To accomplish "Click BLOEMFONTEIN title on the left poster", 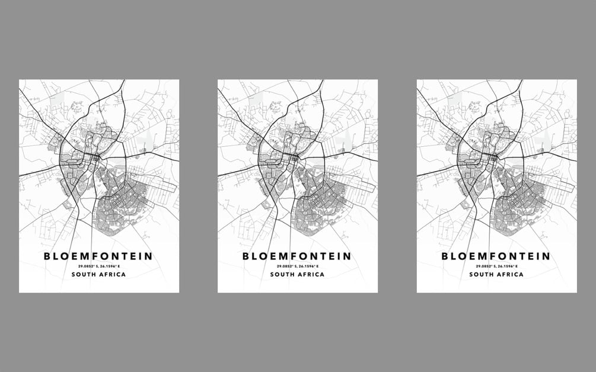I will (98, 256).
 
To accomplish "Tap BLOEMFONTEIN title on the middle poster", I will (297, 256).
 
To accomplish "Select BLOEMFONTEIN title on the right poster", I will (496, 256).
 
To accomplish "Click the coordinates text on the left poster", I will (98, 267).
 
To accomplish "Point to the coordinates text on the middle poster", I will (297, 267).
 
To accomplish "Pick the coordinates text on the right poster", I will (496, 267).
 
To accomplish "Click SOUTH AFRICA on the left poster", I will (98, 275).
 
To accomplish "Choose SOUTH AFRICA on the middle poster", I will (297, 275).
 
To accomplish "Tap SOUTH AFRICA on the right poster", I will (496, 275).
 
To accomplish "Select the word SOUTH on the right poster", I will (482, 275).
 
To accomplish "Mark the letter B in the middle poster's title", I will (246, 256).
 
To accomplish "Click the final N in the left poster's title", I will (148, 256).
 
